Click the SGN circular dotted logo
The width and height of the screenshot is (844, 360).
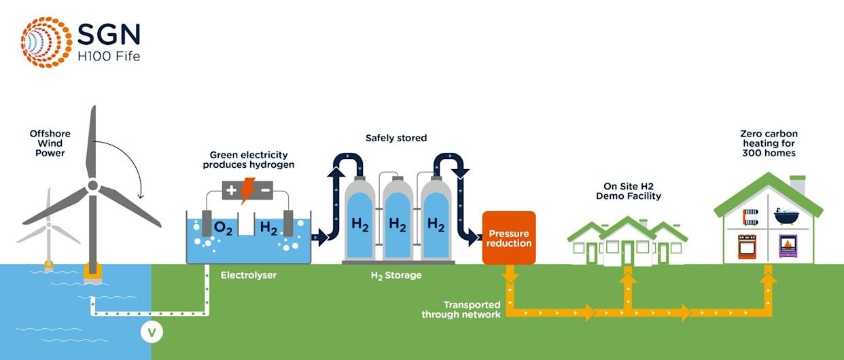[x=46, y=41]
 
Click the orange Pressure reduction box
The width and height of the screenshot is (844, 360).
[x=509, y=238]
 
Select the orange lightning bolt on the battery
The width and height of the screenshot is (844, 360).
[x=247, y=190]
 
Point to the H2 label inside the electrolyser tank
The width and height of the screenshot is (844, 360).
[x=268, y=229]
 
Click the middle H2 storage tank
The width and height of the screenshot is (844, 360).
[x=398, y=217]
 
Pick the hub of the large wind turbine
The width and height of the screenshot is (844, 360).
[x=93, y=185]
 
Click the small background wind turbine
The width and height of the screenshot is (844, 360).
[x=48, y=231]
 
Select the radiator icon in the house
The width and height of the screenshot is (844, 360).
[x=750, y=217]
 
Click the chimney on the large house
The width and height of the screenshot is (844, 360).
[x=798, y=185]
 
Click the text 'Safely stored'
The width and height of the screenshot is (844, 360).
[x=396, y=138]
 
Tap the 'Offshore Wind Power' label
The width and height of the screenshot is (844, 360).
[x=50, y=143]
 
